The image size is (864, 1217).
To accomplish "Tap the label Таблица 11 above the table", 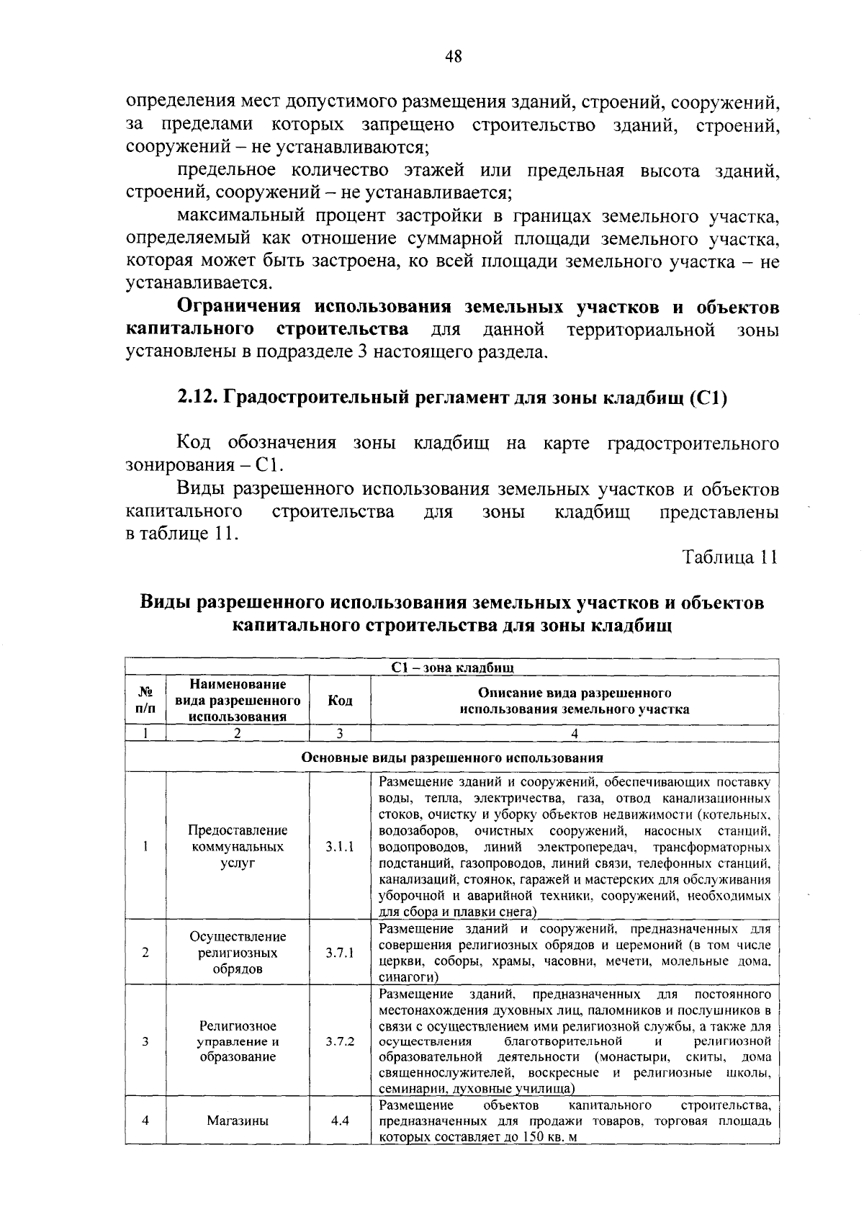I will click(730, 558).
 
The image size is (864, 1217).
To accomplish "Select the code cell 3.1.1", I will click(340, 848).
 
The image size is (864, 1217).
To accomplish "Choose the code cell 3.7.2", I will click(340, 1041).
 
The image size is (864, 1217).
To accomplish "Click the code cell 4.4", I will click(340, 1121).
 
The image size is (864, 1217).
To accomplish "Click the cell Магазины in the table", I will click(238, 1121).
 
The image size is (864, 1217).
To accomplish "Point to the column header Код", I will click(340, 701).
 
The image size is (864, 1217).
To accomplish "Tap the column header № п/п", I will click(145, 700).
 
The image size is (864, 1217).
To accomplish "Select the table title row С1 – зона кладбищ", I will click(452, 668).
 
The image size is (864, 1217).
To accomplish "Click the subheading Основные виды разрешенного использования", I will click(452, 758).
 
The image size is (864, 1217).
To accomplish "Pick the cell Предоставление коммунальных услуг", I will click(238, 847).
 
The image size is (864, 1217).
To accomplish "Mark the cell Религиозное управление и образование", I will click(238, 1041).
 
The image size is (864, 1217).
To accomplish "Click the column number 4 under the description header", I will click(574, 734).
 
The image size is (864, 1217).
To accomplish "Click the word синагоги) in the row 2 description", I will click(408, 977).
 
